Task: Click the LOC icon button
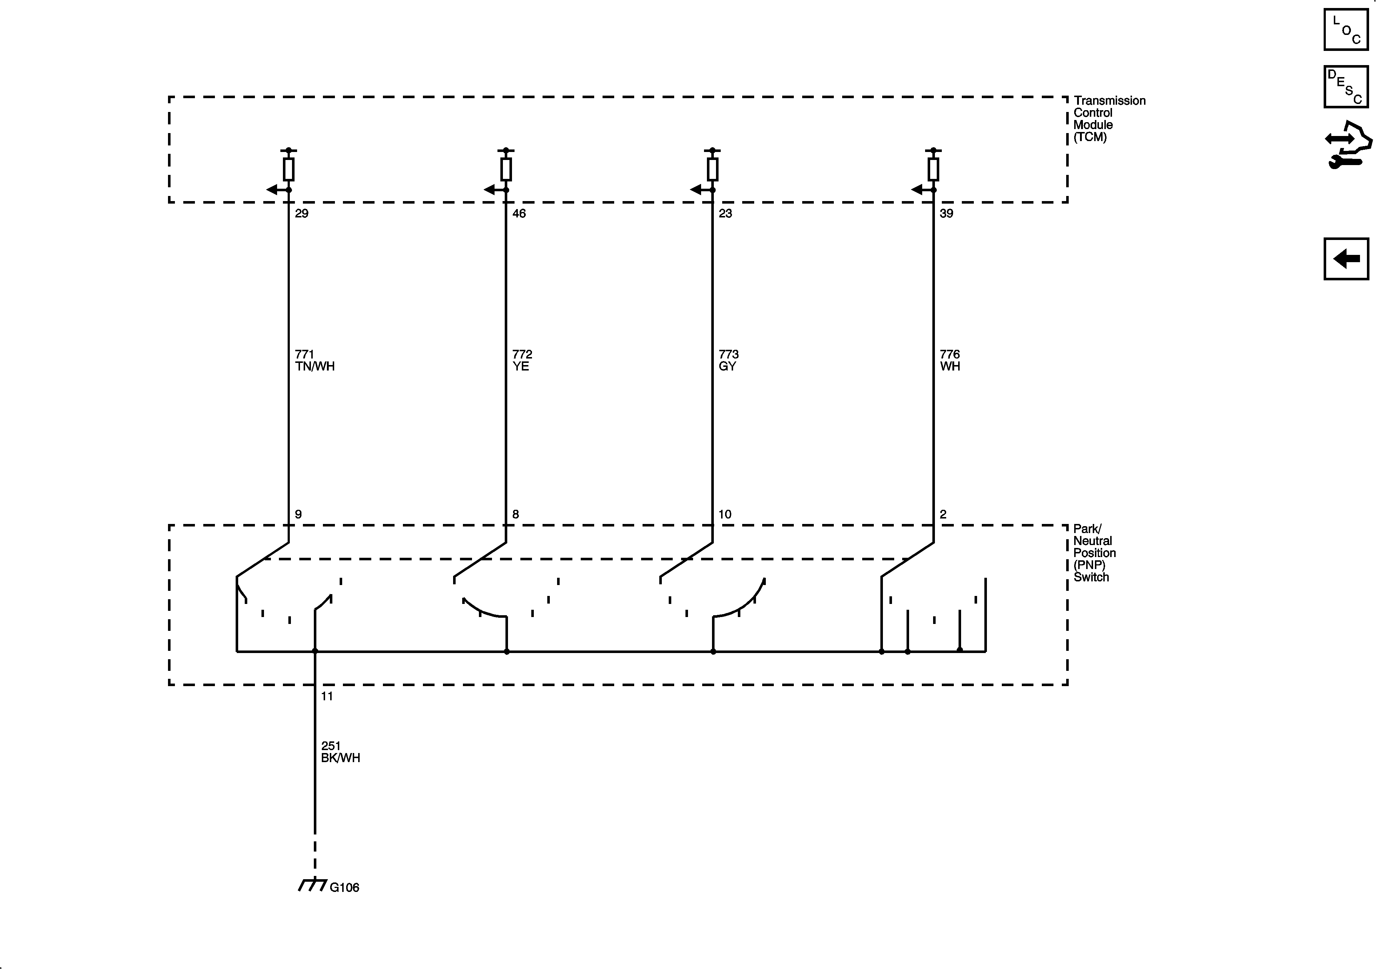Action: [x=1346, y=30]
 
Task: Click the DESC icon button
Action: [x=1346, y=87]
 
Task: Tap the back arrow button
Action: [x=1346, y=259]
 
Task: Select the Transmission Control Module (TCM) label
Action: [x=1109, y=119]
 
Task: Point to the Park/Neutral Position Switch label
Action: [x=1094, y=553]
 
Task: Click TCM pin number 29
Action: [x=301, y=213]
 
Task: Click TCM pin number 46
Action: [x=519, y=213]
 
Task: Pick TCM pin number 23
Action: [x=725, y=213]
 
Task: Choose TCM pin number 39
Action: [x=946, y=213]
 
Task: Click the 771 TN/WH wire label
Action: [x=315, y=360]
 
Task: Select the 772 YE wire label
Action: [x=521, y=360]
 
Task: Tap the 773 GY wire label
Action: [x=728, y=360]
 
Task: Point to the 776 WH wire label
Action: [x=950, y=360]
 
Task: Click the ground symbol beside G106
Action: [x=312, y=885]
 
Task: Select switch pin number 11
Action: [x=327, y=696]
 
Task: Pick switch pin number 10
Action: [x=725, y=514]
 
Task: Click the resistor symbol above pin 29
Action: [x=288, y=169]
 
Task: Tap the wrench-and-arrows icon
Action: [x=1347, y=145]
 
